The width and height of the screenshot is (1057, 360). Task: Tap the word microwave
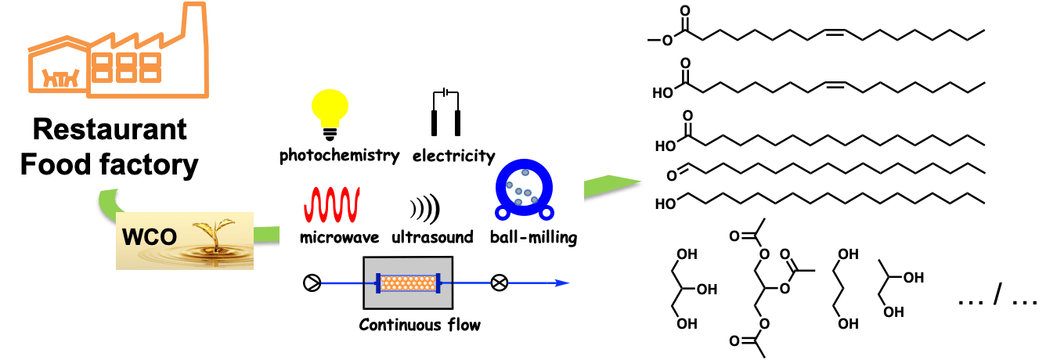(339, 237)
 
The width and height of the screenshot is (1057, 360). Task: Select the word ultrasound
(432, 237)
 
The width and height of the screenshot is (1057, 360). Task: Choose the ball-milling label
(533, 237)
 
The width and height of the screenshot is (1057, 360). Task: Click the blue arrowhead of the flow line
(562, 283)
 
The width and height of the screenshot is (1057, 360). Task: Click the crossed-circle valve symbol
(499, 283)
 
